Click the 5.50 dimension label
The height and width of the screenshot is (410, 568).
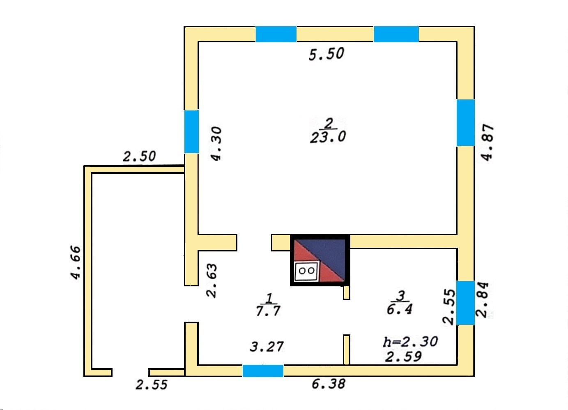tap(326, 54)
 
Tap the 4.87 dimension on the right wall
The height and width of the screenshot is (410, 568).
tap(487, 142)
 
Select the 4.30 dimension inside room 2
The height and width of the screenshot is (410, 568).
tap(216, 143)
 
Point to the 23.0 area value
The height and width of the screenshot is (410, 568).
tap(328, 137)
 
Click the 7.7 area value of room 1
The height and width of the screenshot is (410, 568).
tap(268, 311)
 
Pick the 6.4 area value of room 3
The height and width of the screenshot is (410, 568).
tap(399, 309)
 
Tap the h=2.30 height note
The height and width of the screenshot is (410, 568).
tap(410, 341)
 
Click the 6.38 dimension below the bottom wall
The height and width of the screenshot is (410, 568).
tap(328, 384)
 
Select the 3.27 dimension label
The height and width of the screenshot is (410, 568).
tap(267, 347)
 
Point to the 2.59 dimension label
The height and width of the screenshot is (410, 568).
tap(403, 356)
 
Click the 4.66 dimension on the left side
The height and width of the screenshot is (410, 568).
tap(75, 263)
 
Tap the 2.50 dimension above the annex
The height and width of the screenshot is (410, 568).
tap(140, 157)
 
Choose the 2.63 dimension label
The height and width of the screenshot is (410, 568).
tap(212, 280)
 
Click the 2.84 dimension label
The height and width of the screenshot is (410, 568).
tap(482, 299)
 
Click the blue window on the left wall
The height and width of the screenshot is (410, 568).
tap(191, 131)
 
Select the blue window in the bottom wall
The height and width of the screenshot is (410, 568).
tap(263, 371)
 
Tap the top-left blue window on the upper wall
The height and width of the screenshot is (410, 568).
tap(276, 34)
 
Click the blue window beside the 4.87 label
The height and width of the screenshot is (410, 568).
tap(466, 122)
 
